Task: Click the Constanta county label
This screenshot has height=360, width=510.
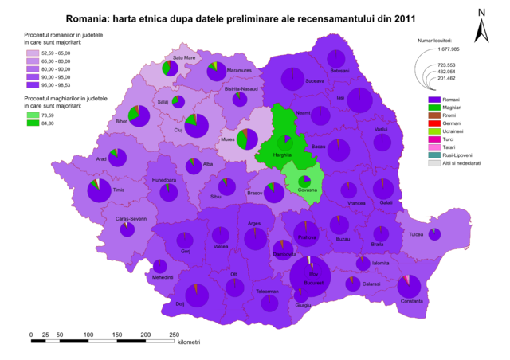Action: [412, 300]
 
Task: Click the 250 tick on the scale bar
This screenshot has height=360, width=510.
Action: [174, 333]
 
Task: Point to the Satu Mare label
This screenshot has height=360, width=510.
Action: [184, 58]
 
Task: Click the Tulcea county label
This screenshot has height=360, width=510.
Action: [417, 235]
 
